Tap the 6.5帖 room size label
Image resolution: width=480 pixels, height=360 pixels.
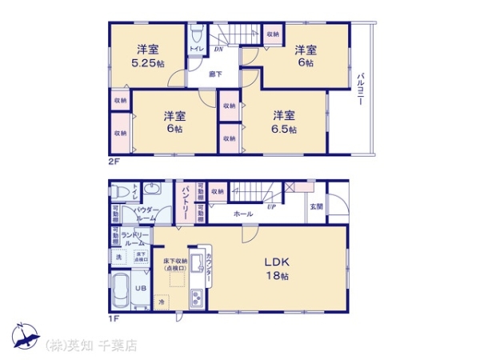click(x=284, y=129)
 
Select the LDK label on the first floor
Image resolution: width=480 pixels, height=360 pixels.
click(x=277, y=261)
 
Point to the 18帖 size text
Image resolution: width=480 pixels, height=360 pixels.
click(x=278, y=276)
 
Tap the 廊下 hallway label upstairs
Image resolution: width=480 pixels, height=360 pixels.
click(x=215, y=74)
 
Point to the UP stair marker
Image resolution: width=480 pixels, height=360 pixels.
click(x=271, y=206)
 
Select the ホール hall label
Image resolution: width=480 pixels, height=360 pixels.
click(x=243, y=214)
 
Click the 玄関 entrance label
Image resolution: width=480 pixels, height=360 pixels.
click(x=316, y=206)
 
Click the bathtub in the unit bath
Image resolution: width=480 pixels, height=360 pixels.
click(x=121, y=290)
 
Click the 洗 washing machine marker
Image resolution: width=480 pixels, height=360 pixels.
click(x=118, y=257)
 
